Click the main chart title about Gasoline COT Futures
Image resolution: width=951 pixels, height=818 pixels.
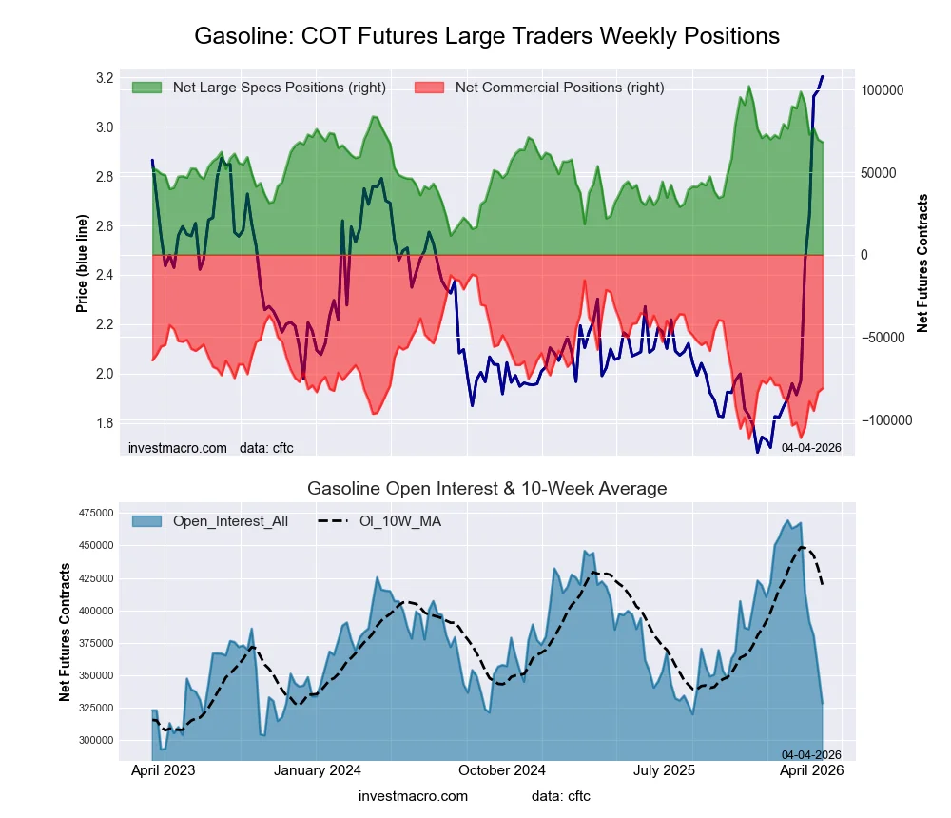pos(487,36)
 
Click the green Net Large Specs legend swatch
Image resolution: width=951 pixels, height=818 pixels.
pos(147,88)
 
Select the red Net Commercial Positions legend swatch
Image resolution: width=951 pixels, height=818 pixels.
pos(430,88)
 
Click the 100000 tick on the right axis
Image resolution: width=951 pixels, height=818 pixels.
pos(882,89)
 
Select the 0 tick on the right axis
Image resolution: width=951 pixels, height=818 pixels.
pos(865,255)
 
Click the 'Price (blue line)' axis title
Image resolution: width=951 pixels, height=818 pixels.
pos(83,263)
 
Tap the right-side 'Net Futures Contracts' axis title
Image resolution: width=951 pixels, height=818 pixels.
pos(922,263)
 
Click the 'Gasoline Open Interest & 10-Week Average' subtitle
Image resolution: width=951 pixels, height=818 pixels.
pos(487,489)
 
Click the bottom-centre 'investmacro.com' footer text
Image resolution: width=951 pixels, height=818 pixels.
pos(413,796)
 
